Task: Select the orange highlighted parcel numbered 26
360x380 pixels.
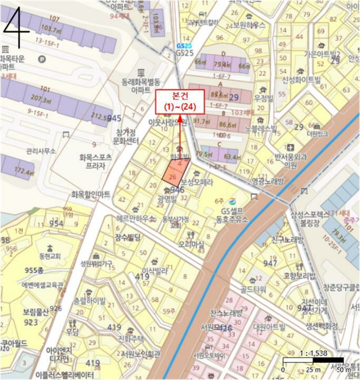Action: point(173,175)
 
